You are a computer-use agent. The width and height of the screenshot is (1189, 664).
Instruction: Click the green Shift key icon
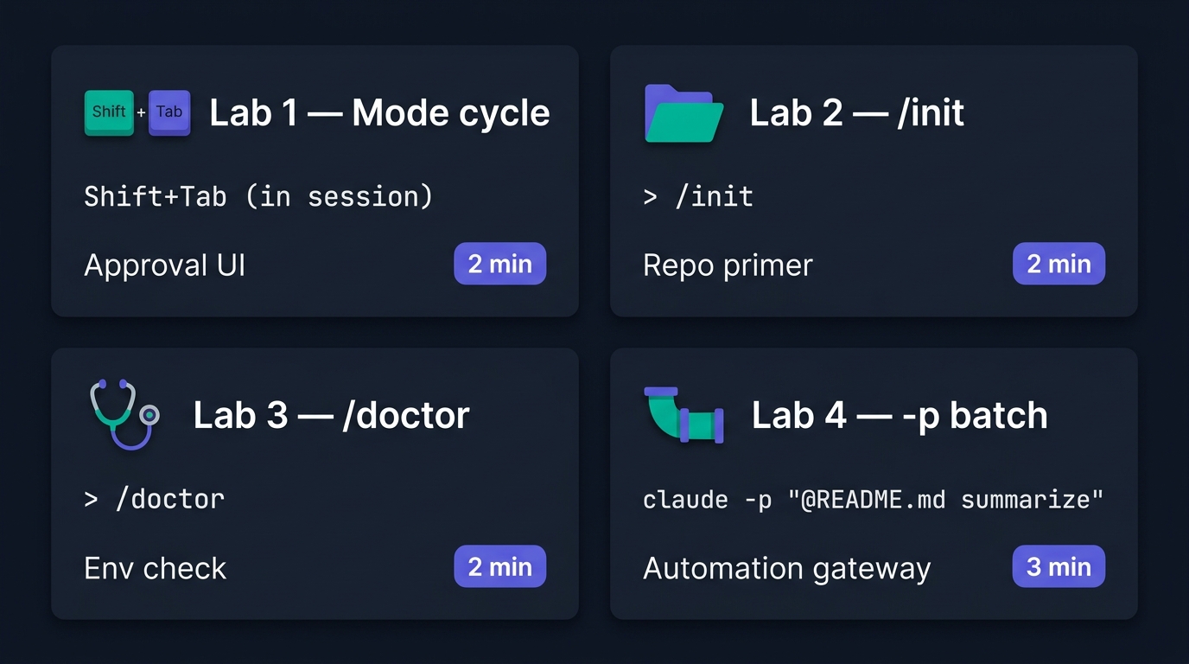pos(109,112)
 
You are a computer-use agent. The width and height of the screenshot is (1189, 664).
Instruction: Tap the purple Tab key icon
pos(169,112)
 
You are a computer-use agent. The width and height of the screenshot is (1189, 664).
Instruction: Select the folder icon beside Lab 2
pos(684,113)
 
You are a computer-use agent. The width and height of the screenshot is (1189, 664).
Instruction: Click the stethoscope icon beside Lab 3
pos(124,414)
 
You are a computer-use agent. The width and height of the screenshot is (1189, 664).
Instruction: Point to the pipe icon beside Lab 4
pos(684,415)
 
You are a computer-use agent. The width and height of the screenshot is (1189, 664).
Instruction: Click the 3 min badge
pos(1059,566)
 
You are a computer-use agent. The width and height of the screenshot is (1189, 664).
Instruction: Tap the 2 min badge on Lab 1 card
pos(499,264)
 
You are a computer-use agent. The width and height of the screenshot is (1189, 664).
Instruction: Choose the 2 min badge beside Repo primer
pos(1059,264)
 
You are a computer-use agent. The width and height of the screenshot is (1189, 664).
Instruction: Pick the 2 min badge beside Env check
pos(499,566)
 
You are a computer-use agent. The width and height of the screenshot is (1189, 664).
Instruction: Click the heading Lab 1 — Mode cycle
pos(379,112)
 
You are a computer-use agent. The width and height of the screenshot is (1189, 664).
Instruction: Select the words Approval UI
pos(164,265)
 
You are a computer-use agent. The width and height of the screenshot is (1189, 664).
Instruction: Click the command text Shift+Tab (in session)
pos(258,196)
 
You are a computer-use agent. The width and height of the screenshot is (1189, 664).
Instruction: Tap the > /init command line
pos(698,196)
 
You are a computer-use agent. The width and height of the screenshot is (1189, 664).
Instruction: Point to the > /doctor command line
pos(155,500)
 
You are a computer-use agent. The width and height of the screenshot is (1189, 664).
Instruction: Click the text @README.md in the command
pos(872,500)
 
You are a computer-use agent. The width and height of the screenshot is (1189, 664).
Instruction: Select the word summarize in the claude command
pos(1026,500)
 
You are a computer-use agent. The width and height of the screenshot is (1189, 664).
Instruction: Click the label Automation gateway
pos(786,568)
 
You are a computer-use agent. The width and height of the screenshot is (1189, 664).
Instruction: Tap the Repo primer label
pos(728,265)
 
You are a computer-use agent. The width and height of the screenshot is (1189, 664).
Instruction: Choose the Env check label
pos(155,568)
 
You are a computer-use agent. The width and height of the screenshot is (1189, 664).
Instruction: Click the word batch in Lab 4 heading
pos(998,415)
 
